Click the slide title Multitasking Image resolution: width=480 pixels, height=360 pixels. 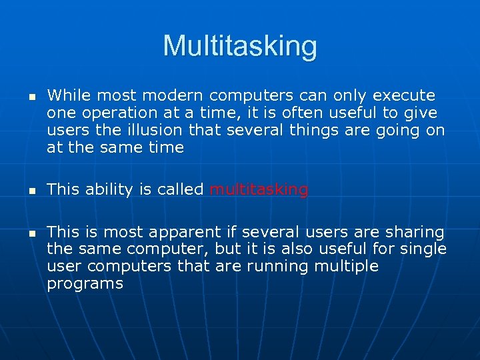click(240, 46)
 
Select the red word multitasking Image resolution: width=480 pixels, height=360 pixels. click(259, 190)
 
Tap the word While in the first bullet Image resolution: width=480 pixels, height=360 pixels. click(67, 96)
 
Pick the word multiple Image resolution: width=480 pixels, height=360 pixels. click(348, 267)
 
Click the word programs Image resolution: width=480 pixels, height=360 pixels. click(85, 284)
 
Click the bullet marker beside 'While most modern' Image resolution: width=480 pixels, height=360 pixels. click(31, 97)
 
